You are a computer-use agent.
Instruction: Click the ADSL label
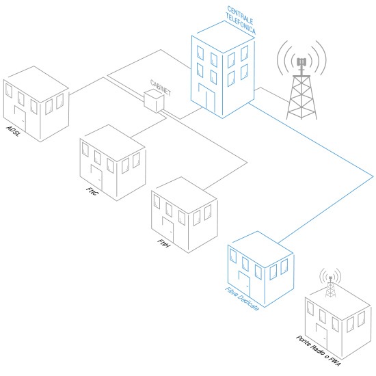(13, 131)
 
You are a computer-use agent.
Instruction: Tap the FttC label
(92, 191)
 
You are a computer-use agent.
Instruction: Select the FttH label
(164, 243)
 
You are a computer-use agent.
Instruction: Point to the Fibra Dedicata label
(242, 299)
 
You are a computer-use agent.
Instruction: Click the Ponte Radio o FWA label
(319, 351)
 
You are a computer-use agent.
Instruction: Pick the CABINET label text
(161, 88)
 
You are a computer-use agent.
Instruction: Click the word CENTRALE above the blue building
(240, 15)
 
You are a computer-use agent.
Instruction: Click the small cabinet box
(154, 101)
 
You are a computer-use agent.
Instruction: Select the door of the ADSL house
(20, 118)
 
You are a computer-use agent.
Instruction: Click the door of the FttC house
(96, 178)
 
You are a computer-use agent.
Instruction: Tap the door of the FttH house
(168, 229)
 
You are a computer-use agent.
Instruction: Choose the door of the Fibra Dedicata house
(244, 284)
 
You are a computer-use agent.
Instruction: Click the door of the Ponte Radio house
(321, 336)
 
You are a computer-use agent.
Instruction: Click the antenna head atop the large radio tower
(301, 62)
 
